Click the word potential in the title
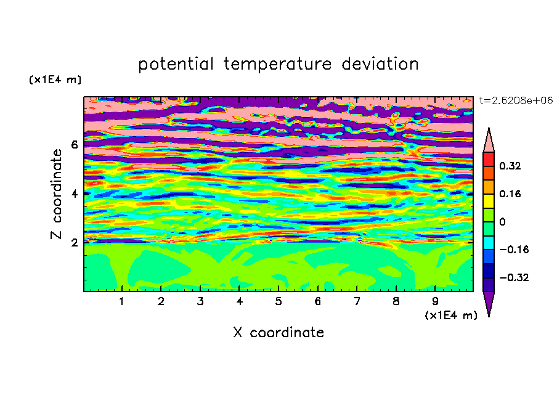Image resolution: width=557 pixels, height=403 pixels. tap(176, 64)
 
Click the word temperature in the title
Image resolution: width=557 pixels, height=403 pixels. tap(278, 64)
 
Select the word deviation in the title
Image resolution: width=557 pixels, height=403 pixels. tap(380, 64)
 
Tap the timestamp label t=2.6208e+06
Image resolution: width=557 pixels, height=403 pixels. tap(516, 100)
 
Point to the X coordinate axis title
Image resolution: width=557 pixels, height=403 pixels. tap(278, 332)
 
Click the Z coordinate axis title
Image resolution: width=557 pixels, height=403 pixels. tap(56, 193)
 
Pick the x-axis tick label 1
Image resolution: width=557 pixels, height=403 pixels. tap(121, 301)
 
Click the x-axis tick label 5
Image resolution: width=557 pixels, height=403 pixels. tap(278, 301)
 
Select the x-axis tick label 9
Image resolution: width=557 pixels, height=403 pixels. tap(435, 301)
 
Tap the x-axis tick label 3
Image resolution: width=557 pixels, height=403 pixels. tap(200, 301)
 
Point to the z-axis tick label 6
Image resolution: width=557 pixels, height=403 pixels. tap(74, 145)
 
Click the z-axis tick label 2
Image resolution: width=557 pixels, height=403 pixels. tap(74, 243)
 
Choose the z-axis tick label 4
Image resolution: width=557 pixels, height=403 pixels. tap(74, 193)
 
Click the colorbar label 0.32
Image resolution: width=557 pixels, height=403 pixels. tap(510, 166)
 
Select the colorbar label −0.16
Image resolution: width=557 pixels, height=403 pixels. tap(514, 250)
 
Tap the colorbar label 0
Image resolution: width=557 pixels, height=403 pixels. tap(502, 222)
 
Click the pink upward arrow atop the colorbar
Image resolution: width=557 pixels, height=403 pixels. tap(489, 140)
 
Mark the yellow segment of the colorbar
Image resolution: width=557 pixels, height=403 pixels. tap(489, 201)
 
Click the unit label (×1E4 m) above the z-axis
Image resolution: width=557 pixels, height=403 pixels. tap(55, 79)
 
